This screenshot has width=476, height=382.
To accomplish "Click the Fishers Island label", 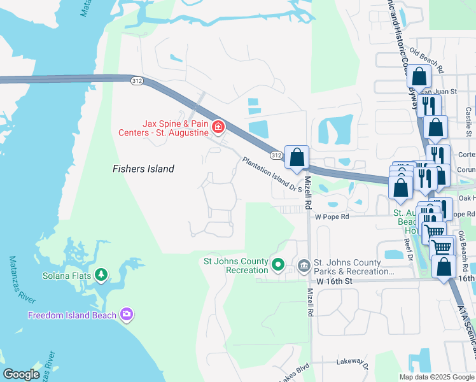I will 143,169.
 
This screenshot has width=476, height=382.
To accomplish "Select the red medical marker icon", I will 218,127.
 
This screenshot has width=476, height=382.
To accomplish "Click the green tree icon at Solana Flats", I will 101,274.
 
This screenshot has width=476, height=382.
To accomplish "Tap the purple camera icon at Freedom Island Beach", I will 127,314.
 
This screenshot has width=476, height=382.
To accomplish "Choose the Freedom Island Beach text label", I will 72,315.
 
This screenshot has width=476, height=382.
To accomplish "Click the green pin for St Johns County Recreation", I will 277,264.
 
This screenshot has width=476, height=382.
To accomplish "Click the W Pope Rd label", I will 332,216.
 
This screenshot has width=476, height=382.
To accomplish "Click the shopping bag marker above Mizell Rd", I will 297,157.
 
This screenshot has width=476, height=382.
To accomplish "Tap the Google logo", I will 22,374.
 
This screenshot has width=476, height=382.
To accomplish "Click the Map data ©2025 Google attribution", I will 437,377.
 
